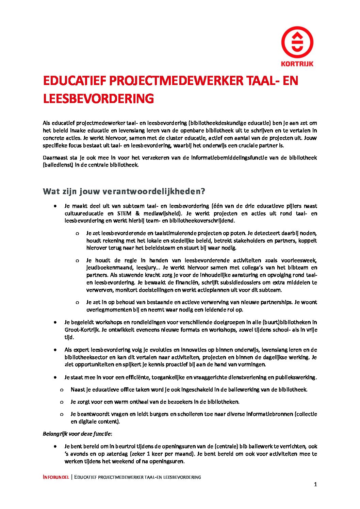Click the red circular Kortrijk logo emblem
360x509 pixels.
coord(297,43)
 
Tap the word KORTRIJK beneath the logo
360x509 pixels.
coord(297,64)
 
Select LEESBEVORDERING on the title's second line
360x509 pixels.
coord(98,99)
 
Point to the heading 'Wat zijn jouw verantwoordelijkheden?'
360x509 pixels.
coord(124,191)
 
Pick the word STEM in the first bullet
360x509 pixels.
coord(124,214)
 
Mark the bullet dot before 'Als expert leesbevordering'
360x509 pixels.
coord(55,350)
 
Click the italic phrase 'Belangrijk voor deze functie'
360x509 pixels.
coord(77,434)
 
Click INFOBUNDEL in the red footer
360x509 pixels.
coord(56,477)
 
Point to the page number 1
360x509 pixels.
coord(315,485)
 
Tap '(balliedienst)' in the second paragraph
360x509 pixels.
coord(58,165)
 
